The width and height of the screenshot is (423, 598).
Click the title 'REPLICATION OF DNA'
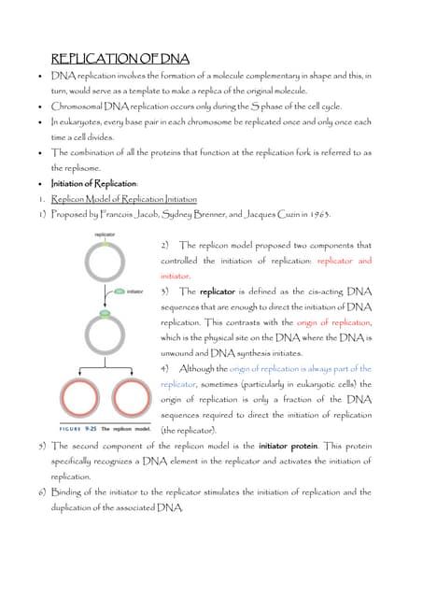click(120, 58)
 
